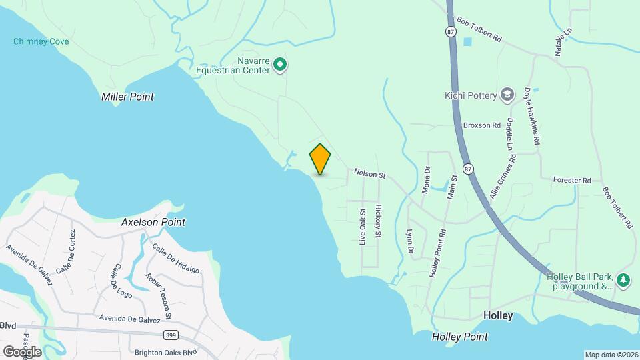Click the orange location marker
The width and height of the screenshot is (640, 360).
320,159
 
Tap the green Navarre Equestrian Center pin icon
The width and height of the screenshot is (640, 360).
281,65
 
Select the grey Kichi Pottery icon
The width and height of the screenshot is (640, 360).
507,95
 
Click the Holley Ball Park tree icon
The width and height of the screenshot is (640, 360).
623,281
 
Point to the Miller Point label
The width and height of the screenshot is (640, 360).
127,97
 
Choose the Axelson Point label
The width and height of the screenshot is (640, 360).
153,222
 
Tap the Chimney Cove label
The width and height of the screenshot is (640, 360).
41,42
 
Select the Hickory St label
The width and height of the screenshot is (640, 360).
378,221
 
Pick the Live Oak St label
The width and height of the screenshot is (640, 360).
363,227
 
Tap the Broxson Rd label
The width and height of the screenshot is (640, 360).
481,125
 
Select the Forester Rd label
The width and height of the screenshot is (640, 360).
572,180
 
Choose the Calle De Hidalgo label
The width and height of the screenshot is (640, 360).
176,259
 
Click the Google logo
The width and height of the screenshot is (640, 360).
21,351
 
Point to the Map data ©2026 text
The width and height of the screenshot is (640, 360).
611,355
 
